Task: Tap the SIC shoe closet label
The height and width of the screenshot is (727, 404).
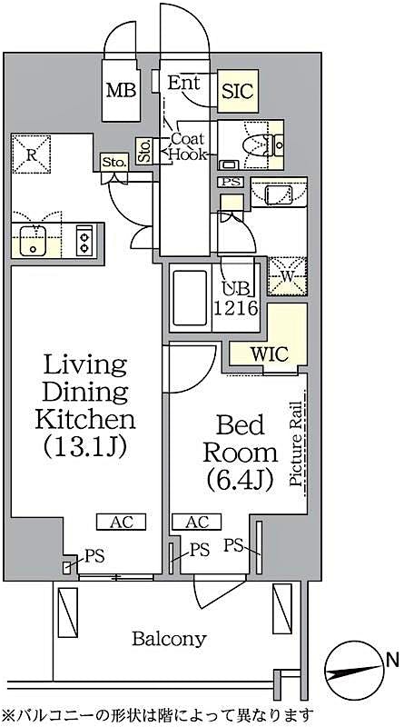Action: [x=239, y=91]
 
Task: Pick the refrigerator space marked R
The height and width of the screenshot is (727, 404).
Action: [x=33, y=155]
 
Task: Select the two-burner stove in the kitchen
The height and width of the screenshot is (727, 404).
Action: [x=84, y=242]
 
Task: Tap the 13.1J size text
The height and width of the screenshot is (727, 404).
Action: [x=84, y=445]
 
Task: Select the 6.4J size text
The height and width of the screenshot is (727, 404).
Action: [x=240, y=480]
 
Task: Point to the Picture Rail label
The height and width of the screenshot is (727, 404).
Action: [x=296, y=440]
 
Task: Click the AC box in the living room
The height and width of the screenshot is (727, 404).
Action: [x=121, y=522]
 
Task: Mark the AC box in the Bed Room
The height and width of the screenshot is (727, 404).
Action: [x=195, y=522]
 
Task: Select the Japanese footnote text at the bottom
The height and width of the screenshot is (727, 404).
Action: [x=159, y=715]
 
